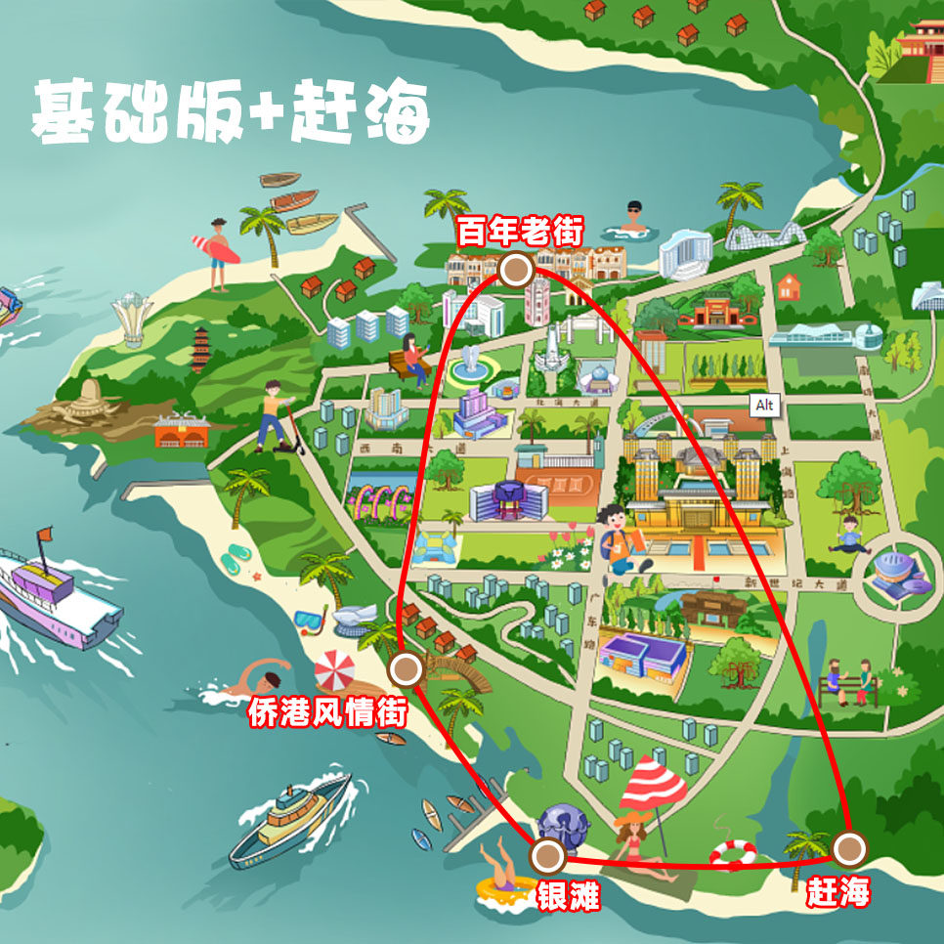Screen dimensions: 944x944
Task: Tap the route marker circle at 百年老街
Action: tap(515, 269)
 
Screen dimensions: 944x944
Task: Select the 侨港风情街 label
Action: tap(326, 712)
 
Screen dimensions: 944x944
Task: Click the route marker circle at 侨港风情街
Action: tap(406, 669)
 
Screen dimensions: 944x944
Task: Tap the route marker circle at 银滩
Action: tap(548, 857)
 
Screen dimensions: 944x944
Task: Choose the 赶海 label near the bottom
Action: tap(837, 891)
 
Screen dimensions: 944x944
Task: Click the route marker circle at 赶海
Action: tap(848, 846)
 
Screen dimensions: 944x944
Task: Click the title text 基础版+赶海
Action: tap(231, 113)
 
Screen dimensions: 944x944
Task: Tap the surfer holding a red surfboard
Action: tap(217, 252)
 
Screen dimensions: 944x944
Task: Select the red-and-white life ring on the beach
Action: tap(732, 855)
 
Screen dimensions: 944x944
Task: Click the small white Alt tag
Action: tap(764, 405)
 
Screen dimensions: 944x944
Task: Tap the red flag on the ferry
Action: tap(44, 536)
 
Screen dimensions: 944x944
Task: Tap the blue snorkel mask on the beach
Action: tap(311, 618)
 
